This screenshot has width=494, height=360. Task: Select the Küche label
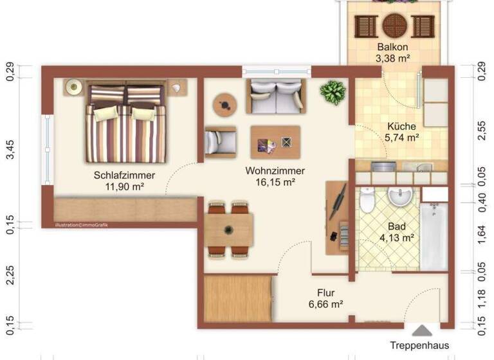(x=401, y=126)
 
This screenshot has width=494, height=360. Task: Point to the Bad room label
(x=397, y=226)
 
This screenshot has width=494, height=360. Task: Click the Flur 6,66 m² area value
(x=325, y=304)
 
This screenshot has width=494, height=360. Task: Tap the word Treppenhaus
(x=420, y=346)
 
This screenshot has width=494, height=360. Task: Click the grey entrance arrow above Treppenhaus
(x=422, y=330)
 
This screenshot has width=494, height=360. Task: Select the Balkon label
(x=392, y=48)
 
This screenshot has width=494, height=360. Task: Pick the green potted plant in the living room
(x=333, y=93)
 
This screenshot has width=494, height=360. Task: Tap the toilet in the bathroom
(x=367, y=200)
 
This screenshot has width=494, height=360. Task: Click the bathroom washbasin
(x=401, y=197)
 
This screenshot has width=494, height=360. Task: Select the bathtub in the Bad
(x=434, y=235)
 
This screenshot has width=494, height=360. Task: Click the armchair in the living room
(x=220, y=141)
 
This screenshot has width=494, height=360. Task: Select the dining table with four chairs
(x=229, y=229)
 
